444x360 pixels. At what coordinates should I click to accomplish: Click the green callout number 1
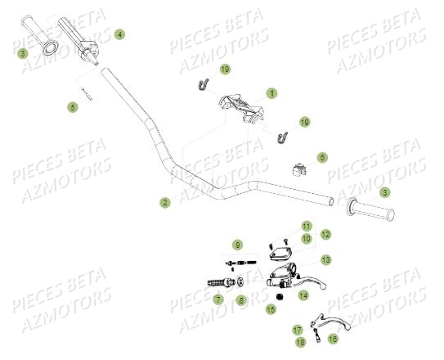271,93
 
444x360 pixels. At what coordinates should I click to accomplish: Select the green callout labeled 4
119,34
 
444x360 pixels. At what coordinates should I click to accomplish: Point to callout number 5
73,106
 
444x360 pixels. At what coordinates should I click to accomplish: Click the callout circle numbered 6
322,157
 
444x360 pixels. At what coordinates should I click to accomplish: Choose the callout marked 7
218,299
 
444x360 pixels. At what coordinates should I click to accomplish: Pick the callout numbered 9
237,244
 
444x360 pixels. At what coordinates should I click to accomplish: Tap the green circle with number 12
325,234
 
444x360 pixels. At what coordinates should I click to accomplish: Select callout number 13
326,259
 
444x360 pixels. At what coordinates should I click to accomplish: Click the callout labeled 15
271,309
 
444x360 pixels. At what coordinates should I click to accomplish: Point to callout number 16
333,337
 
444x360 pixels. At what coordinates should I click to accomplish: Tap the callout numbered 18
300,341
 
